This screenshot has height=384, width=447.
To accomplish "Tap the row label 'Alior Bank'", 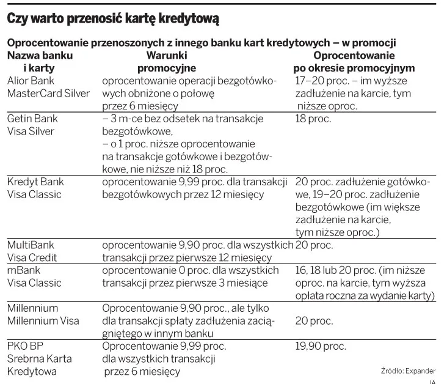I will pyautogui.click(x=31, y=81).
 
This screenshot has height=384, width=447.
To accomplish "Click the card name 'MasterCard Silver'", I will pyautogui.click(x=48, y=94).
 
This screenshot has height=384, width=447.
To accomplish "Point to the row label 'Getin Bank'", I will pyautogui.click(x=32, y=119).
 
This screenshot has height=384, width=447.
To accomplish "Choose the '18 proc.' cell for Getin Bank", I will pyautogui.click(x=313, y=119).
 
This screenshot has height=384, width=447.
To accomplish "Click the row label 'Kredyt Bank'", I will pyautogui.click(x=35, y=182).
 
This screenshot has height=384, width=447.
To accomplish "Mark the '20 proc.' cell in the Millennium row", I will pyautogui.click(x=314, y=321).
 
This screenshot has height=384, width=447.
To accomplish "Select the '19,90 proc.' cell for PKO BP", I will pyautogui.click(x=321, y=346).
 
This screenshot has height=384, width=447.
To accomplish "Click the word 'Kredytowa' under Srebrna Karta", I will pyautogui.click(x=32, y=371).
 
